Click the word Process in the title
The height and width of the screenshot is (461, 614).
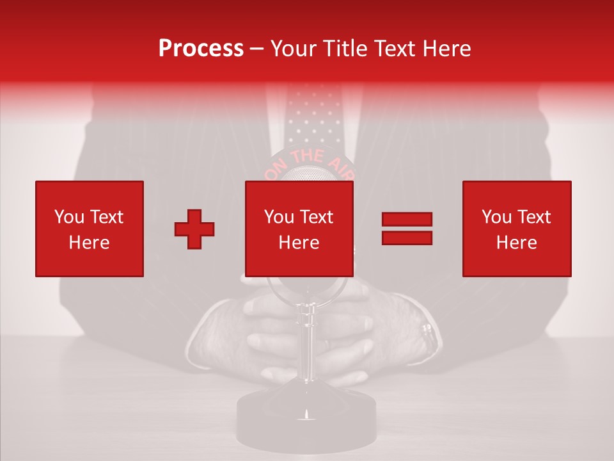pos(201,49)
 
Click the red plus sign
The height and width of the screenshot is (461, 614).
pos(194,229)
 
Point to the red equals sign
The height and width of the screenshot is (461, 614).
pos(407,229)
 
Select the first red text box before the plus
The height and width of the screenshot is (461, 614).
pos(90,229)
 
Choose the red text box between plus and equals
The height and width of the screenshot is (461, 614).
pos(299,229)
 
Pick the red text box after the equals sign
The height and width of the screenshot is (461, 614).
pos(517,229)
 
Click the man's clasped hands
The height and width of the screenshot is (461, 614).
pos(269,333)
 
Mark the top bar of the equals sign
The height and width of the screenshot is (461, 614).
pos(407,220)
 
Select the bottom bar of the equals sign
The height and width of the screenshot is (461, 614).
pos(407,238)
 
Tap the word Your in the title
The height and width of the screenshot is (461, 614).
pos(294,49)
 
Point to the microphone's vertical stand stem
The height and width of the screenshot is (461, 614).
pos(306,346)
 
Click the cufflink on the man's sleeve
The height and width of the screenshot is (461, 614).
pos(426,332)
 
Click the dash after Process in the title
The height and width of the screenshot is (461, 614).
pos(257,49)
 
